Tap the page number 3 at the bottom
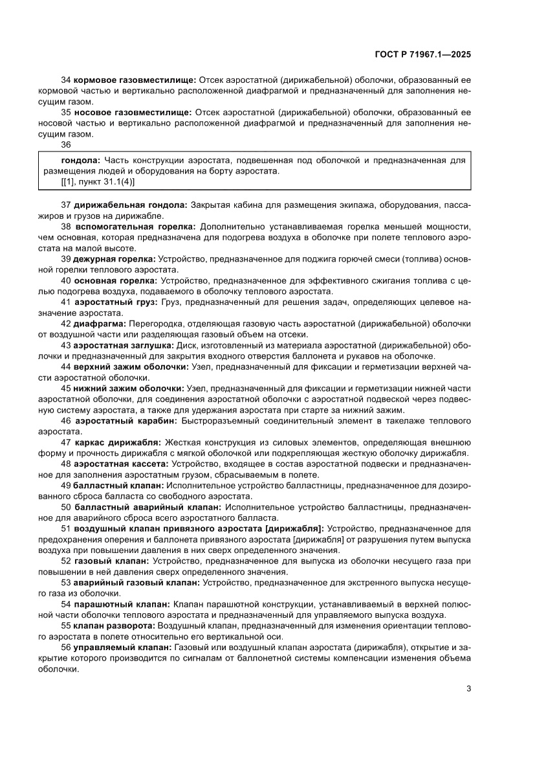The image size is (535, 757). pyautogui.click(x=468, y=688)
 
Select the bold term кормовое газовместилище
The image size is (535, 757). pyautogui.click(x=135, y=80)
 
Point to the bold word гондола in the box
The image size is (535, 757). pyautogui.click(x=80, y=159)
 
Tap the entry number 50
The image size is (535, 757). pyautogui.click(x=66, y=506)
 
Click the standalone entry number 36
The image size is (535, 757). pyautogui.click(x=66, y=144)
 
